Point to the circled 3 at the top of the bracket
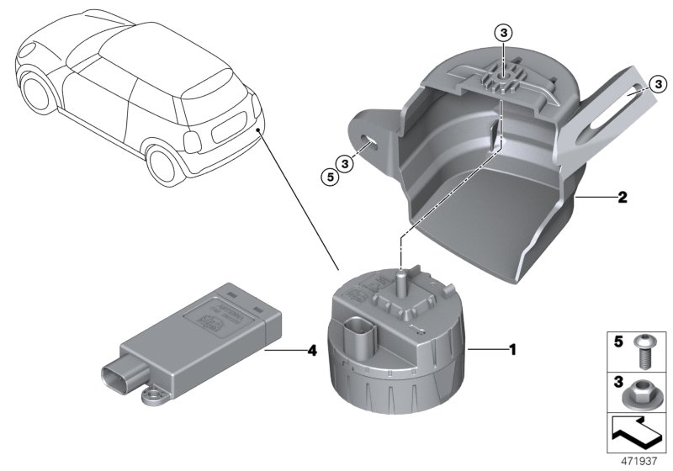tap(502, 33)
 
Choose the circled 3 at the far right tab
tap(657, 82)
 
